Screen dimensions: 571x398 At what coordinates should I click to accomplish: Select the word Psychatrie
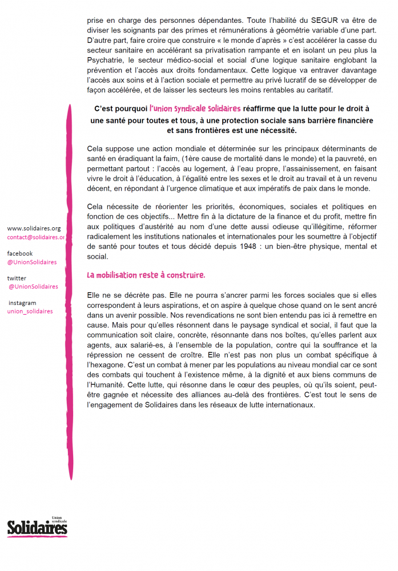click(105, 59)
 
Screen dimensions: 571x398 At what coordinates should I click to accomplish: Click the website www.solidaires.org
click(34, 228)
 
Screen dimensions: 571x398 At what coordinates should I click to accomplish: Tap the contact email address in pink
click(36, 237)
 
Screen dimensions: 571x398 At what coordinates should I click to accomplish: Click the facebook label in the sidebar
click(20, 253)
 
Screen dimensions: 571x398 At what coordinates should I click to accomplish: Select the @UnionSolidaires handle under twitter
click(33, 287)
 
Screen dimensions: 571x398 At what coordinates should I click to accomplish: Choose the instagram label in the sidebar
click(22, 303)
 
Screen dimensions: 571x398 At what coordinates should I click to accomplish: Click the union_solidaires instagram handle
click(30, 311)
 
